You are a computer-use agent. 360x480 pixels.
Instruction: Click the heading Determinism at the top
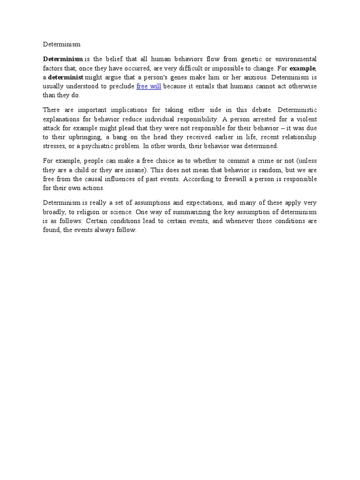click(62, 45)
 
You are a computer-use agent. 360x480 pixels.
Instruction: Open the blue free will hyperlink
click(149, 86)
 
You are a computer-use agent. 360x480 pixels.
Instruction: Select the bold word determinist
click(66, 77)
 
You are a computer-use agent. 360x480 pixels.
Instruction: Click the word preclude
click(121, 86)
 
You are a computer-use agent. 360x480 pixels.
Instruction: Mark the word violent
click(306, 119)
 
